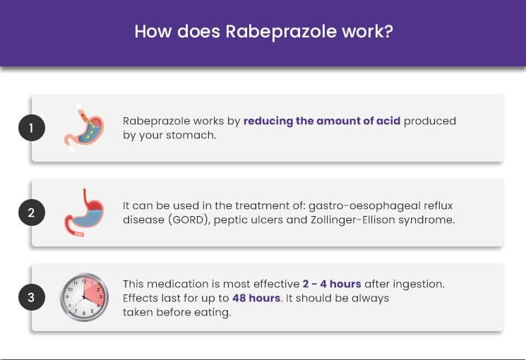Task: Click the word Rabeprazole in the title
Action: pyautogui.click(x=281, y=32)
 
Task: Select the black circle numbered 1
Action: pyautogui.click(x=32, y=128)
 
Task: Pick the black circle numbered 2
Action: pyautogui.click(x=32, y=212)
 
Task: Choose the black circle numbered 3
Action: pyautogui.click(x=32, y=297)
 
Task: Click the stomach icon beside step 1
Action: pyautogui.click(x=84, y=128)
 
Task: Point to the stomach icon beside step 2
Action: pyautogui.click(x=84, y=212)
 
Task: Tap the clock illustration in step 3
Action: pyautogui.click(x=84, y=297)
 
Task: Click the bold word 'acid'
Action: pyautogui.click(x=388, y=121)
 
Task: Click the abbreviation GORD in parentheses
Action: pyautogui.click(x=188, y=220)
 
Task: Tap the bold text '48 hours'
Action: pyautogui.click(x=256, y=298)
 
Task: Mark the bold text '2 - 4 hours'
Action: pyautogui.click(x=332, y=284)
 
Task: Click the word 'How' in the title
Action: pyautogui.click(x=153, y=32)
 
